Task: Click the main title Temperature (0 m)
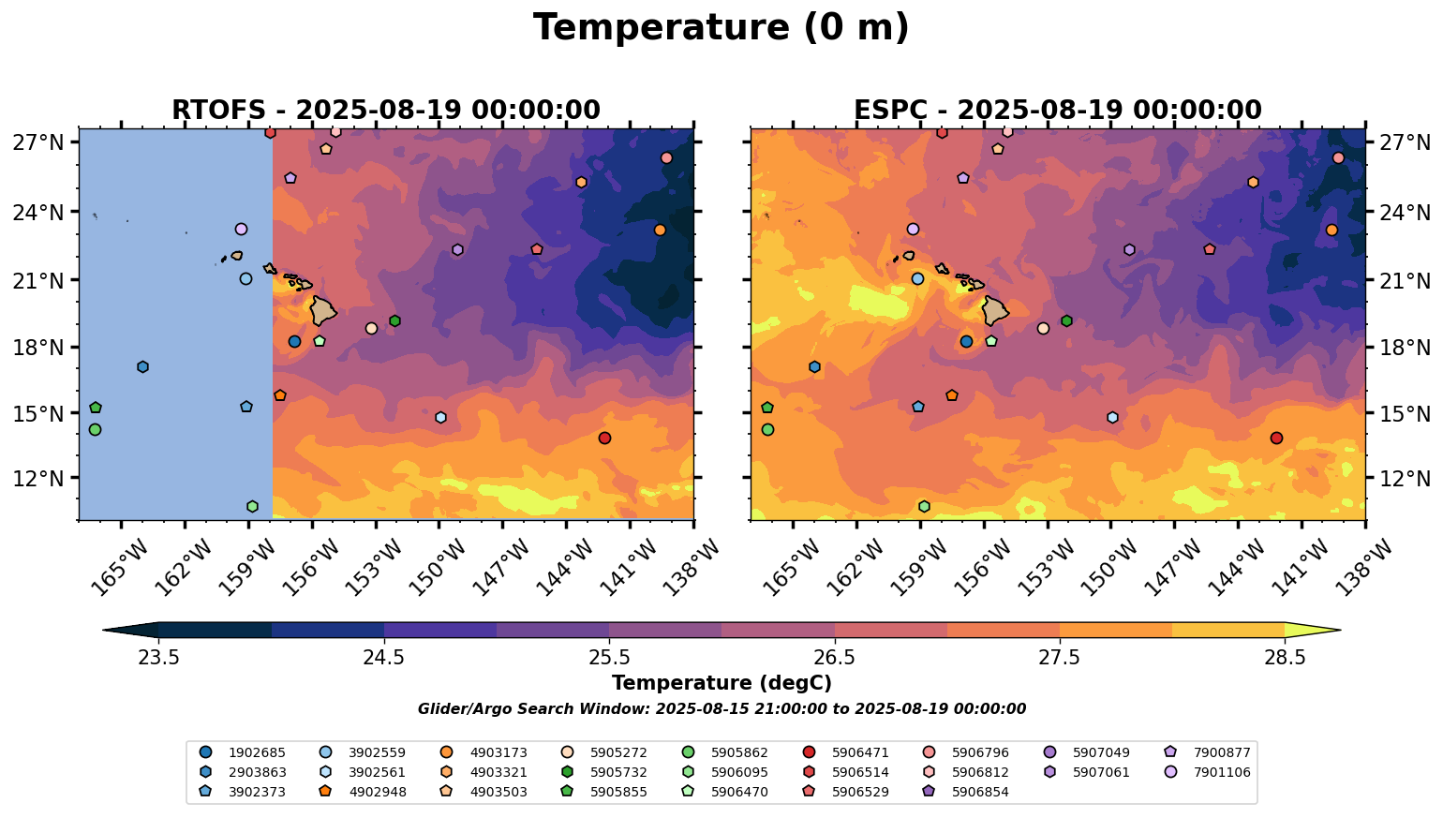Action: pyautogui.click(x=721, y=27)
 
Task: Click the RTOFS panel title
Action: pyautogui.click(x=385, y=110)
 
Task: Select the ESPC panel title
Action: pyautogui.click(x=1057, y=110)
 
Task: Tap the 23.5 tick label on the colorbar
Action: pyautogui.click(x=158, y=657)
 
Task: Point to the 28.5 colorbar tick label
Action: pyautogui.click(x=1285, y=657)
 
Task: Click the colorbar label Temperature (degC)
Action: pyautogui.click(x=721, y=683)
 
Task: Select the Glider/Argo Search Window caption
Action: pyautogui.click(x=721, y=709)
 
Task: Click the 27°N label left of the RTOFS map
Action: pyautogui.click(x=37, y=142)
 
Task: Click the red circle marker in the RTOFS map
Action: pyautogui.click(x=604, y=438)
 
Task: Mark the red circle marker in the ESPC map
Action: pyautogui.click(x=1276, y=438)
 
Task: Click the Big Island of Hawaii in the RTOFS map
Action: pyautogui.click(x=323, y=310)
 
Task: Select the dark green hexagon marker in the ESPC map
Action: pyautogui.click(x=1066, y=320)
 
